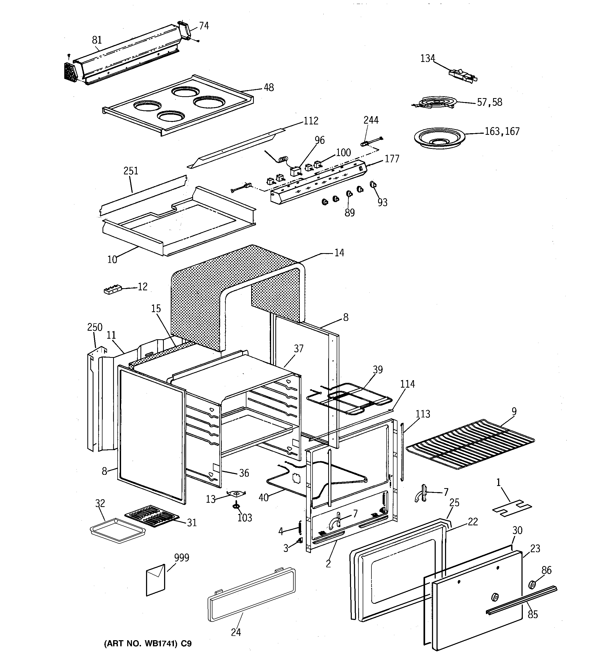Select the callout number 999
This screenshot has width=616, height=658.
point(182,558)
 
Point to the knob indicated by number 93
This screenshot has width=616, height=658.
point(373,185)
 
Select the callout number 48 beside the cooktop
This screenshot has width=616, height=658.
point(268,88)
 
